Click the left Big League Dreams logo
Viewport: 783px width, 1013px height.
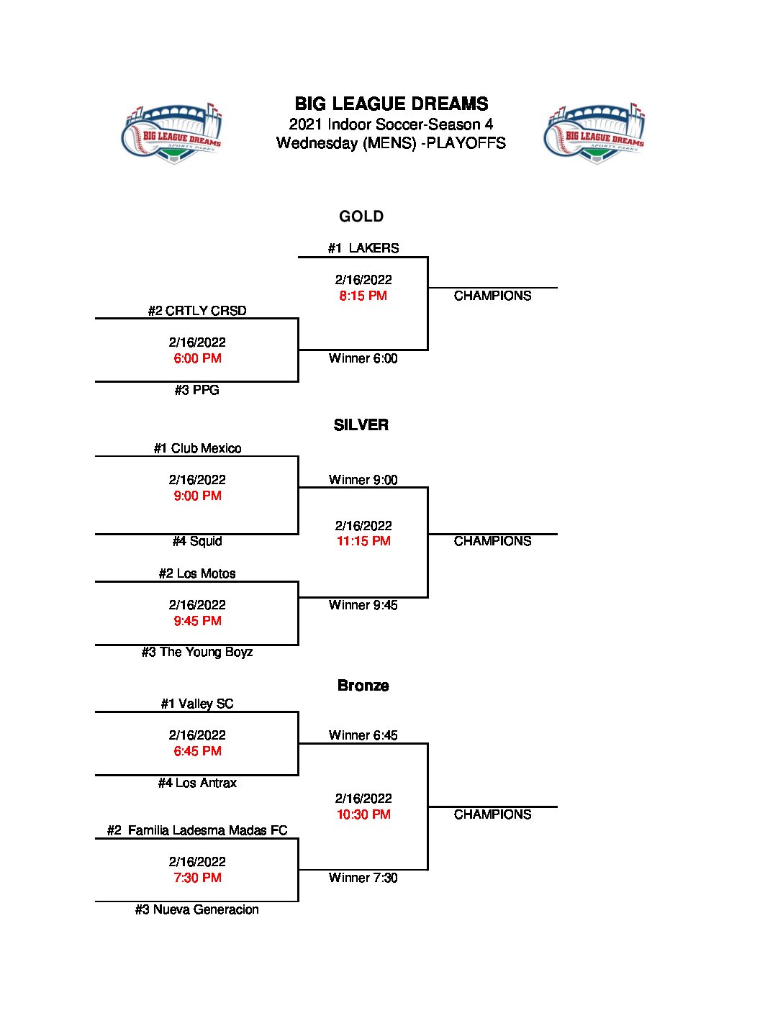(172, 133)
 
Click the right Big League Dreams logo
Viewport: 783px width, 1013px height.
(594, 133)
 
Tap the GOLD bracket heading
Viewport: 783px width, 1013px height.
(361, 217)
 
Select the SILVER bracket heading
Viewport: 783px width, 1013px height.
(361, 425)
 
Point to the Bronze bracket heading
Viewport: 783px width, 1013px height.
(363, 686)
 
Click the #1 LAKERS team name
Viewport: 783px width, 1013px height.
(363, 248)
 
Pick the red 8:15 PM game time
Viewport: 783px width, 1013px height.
(363, 296)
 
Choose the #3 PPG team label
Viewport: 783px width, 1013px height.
(196, 390)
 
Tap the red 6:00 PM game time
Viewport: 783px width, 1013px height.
(197, 358)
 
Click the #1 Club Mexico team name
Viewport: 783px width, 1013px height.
(197, 448)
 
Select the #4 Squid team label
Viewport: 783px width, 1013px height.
(197, 541)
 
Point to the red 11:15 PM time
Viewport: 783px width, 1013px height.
(363, 541)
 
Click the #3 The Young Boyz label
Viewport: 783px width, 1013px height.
(197, 652)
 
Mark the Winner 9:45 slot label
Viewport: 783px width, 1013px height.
(363, 605)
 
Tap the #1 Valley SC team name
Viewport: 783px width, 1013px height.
(197, 704)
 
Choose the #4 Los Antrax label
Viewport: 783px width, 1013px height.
(197, 783)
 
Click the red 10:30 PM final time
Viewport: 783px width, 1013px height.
(363, 814)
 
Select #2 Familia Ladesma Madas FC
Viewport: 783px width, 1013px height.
(197, 830)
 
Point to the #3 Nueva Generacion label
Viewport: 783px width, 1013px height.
(197, 909)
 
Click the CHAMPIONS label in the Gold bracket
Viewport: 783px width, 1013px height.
(493, 296)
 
